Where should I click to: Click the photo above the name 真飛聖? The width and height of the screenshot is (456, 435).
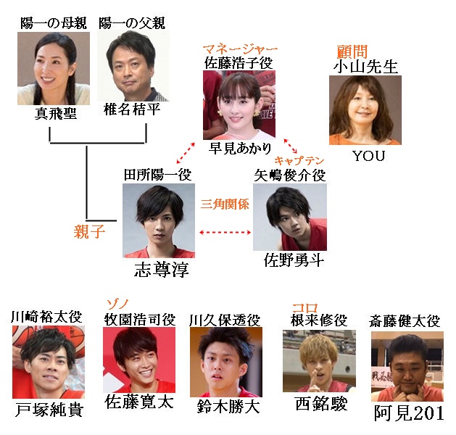[x=48, y=68]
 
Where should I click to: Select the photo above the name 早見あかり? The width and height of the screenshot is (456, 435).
[x=239, y=105]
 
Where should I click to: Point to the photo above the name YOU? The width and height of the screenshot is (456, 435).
[x=365, y=109]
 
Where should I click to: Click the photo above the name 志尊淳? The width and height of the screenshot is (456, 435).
[x=158, y=220]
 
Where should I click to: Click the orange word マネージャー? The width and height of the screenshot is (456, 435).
[x=239, y=50]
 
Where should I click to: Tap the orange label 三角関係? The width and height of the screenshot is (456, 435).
[x=225, y=204]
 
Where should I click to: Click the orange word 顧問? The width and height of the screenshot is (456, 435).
[x=352, y=51]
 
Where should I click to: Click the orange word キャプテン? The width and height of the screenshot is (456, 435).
[x=299, y=159]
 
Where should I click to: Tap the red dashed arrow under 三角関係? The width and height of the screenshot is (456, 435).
[x=225, y=233]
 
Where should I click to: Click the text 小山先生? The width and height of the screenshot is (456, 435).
[x=366, y=67]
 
